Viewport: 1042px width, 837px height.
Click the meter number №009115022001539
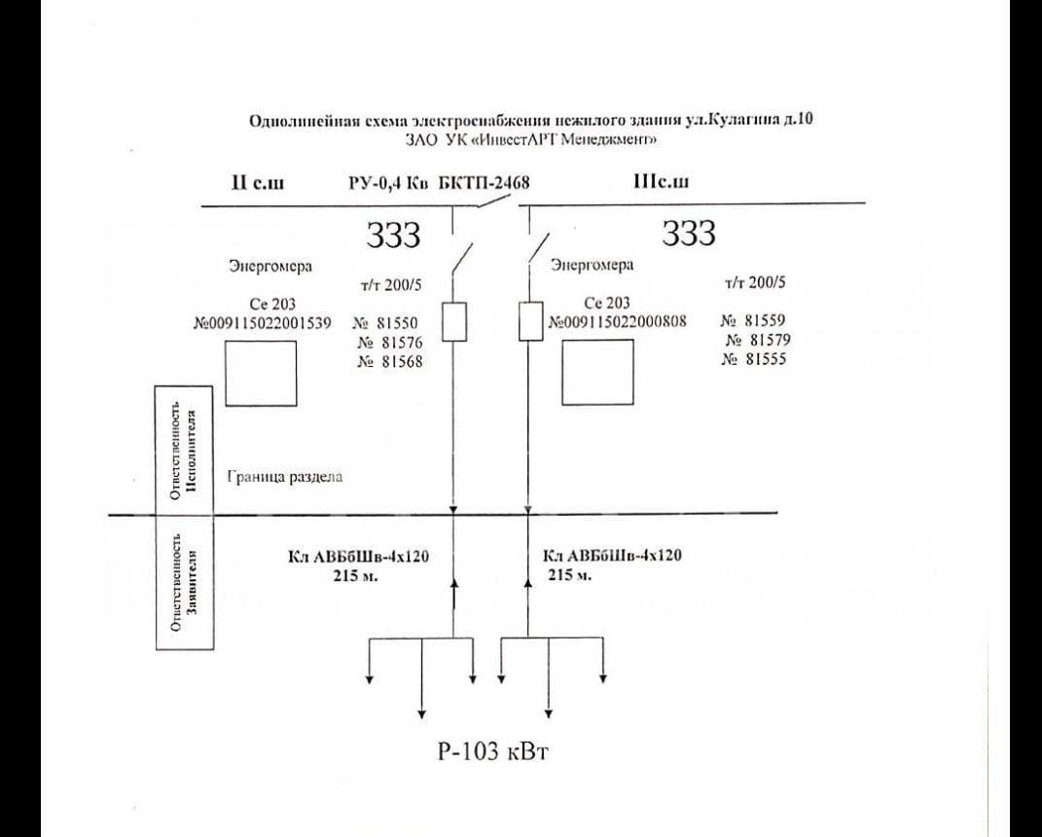point(261,324)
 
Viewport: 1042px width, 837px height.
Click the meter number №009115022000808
point(618,322)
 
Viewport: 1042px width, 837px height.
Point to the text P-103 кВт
point(493,752)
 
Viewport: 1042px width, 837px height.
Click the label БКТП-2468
point(484,183)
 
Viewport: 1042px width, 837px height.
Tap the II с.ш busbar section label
point(258,182)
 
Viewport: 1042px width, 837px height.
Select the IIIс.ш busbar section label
point(662,181)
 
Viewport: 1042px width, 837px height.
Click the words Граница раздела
point(285,477)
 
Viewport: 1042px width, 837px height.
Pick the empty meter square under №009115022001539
point(261,373)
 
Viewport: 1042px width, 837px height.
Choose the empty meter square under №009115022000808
point(597,372)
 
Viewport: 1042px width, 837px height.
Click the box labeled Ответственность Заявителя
point(185,582)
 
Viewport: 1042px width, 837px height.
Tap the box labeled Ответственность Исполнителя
point(184,450)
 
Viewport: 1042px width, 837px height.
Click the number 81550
point(397,324)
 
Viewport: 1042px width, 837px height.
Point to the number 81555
point(766,359)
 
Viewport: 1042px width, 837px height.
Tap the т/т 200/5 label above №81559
point(755,282)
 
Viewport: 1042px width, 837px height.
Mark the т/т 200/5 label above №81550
point(391,285)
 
